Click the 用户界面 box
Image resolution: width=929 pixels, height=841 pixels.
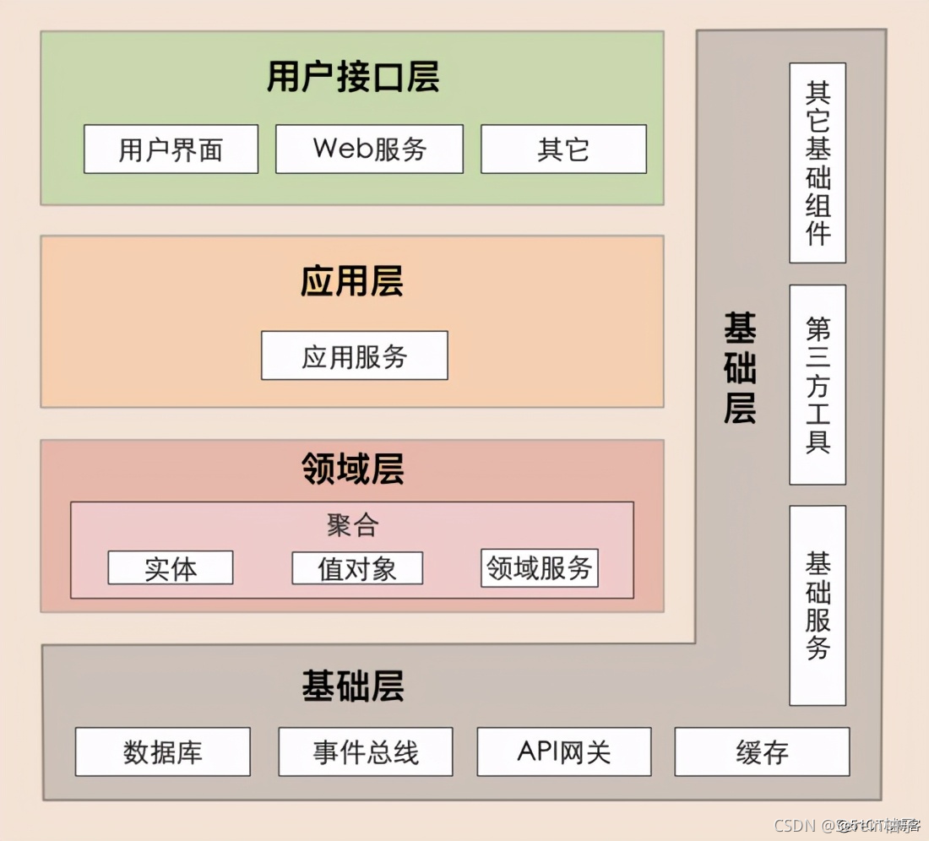(171, 149)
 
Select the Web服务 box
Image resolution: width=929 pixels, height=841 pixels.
(369, 149)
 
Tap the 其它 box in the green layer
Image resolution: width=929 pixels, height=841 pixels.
(563, 149)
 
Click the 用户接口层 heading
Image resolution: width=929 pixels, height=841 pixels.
(353, 78)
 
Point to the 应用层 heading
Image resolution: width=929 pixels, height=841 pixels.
(352, 281)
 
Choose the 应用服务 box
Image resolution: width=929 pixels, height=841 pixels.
(354, 355)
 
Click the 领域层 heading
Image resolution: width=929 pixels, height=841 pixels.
(353, 469)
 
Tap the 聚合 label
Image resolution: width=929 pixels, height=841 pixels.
(352, 526)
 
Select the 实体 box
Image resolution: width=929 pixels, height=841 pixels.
(170, 568)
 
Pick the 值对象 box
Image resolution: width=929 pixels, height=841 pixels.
(357, 568)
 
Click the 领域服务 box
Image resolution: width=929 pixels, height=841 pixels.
(540, 568)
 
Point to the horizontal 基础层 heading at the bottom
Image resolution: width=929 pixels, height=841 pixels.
(353, 686)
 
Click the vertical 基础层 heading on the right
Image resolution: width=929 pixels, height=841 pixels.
(740, 367)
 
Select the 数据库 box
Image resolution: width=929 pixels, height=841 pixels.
(162, 751)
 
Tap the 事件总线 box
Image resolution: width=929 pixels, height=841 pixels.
(366, 751)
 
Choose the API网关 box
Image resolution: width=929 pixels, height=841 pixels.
(564, 751)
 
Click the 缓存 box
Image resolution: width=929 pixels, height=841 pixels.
(762, 751)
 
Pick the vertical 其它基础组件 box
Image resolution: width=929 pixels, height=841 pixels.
(818, 162)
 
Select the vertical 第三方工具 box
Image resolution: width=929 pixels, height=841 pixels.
(818, 384)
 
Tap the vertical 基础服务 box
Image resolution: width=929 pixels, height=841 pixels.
(818, 605)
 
